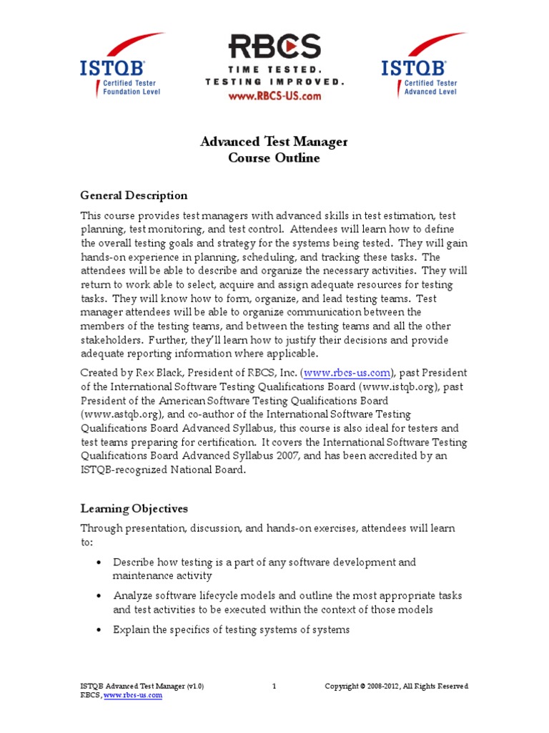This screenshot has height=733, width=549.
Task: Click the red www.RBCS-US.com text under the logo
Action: coord(274,96)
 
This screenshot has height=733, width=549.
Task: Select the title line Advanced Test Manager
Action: coord(274,142)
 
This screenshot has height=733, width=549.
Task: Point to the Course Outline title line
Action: coord(274,158)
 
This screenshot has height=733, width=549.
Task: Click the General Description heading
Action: coord(134,195)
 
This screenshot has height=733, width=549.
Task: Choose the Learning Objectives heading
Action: coord(134,509)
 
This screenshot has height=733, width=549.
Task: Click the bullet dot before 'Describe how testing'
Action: coord(98,563)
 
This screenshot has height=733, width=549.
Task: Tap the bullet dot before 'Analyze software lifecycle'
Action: coord(98,596)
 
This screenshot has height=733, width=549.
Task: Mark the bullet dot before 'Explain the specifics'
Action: coord(98,630)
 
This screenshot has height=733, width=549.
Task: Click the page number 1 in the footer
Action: coord(274,686)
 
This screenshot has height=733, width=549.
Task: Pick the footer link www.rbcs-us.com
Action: coord(133,696)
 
